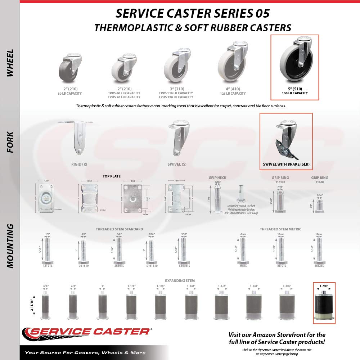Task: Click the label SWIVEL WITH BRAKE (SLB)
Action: pos(286,164)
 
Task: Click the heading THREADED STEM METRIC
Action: pos(280,229)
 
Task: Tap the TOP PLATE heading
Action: pos(112,176)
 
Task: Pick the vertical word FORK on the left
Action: pos(10,142)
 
